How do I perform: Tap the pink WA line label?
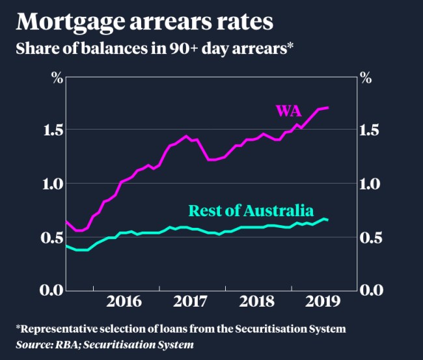[288, 111]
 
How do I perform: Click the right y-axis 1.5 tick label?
[374, 130]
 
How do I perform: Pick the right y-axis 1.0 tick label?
[374, 184]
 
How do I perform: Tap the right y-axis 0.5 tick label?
[374, 237]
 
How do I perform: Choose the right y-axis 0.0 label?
[374, 290]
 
